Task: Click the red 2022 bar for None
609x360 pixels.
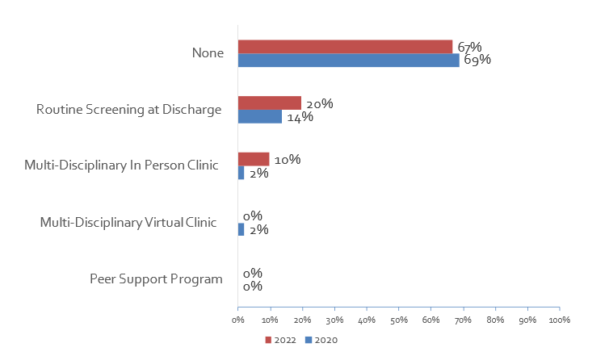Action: click(x=345, y=47)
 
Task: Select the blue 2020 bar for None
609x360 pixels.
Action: click(x=348, y=61)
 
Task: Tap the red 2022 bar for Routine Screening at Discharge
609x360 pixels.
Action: click(x=269, y=103)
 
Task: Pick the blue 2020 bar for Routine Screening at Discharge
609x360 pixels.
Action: click(x=259, y=117)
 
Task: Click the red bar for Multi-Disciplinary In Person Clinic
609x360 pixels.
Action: click(x=253, y=159)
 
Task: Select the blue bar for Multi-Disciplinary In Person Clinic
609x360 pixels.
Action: click(x=241, y=173)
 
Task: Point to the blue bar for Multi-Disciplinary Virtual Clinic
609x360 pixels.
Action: click(x=241, y=229)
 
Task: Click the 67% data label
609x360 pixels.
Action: click(x=469, y=46)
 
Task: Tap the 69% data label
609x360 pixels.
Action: click(x=477, y=60)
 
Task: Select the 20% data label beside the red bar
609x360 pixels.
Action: click(x=320, y=103)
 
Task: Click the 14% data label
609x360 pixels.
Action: click(x=300, y=117)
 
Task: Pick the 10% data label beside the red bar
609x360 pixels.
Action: click(x=288, y=160)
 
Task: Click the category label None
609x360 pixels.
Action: click(x=207, y=53)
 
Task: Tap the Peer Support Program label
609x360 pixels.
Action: click(x=156, y=279)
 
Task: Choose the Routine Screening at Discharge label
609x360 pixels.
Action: click(x=129, y=110)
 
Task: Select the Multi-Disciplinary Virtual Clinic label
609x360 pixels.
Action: click(x=129, y=222)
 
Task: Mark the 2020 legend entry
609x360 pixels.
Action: click(x=321, y=340)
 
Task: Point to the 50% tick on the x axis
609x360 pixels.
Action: click(x=398, y=320)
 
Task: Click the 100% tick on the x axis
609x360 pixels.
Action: click(x=559, y=320)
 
